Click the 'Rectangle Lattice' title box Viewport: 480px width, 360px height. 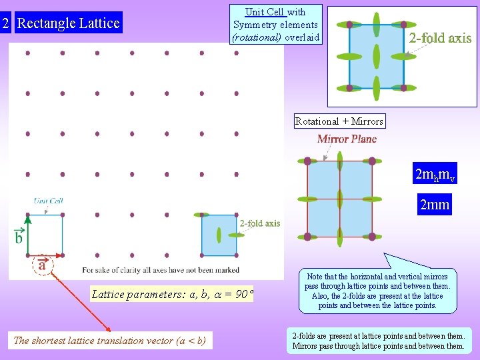pos(68,23)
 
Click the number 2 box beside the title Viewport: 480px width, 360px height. pos(5,23)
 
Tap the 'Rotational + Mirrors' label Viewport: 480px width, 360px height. pos(339,121)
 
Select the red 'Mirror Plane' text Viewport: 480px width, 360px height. pos(347,139)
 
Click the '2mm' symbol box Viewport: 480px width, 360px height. pos(435,205)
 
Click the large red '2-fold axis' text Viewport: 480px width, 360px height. pos(440,38)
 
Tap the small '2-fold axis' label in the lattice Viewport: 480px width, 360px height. pos(260,224)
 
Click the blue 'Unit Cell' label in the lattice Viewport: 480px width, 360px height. pos(49,201)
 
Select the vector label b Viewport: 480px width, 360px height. pos(19,237)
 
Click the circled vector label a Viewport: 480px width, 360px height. pos(43,264)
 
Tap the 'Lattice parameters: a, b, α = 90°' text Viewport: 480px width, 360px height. pos(172,294)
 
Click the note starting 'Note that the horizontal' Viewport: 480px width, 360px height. pos(377,291)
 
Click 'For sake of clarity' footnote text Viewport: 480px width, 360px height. pos(160,270)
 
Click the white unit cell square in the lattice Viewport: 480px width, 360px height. pos(45,235)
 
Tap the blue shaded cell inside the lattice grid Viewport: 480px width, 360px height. pos(219,235)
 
